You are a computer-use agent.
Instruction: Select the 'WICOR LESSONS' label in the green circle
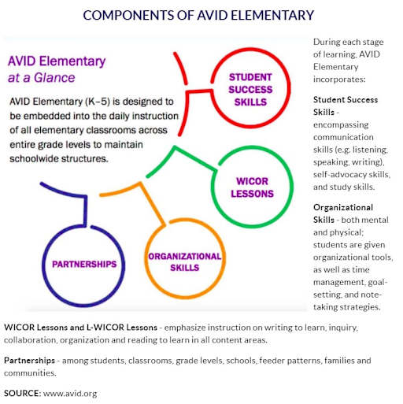point(252,187)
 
